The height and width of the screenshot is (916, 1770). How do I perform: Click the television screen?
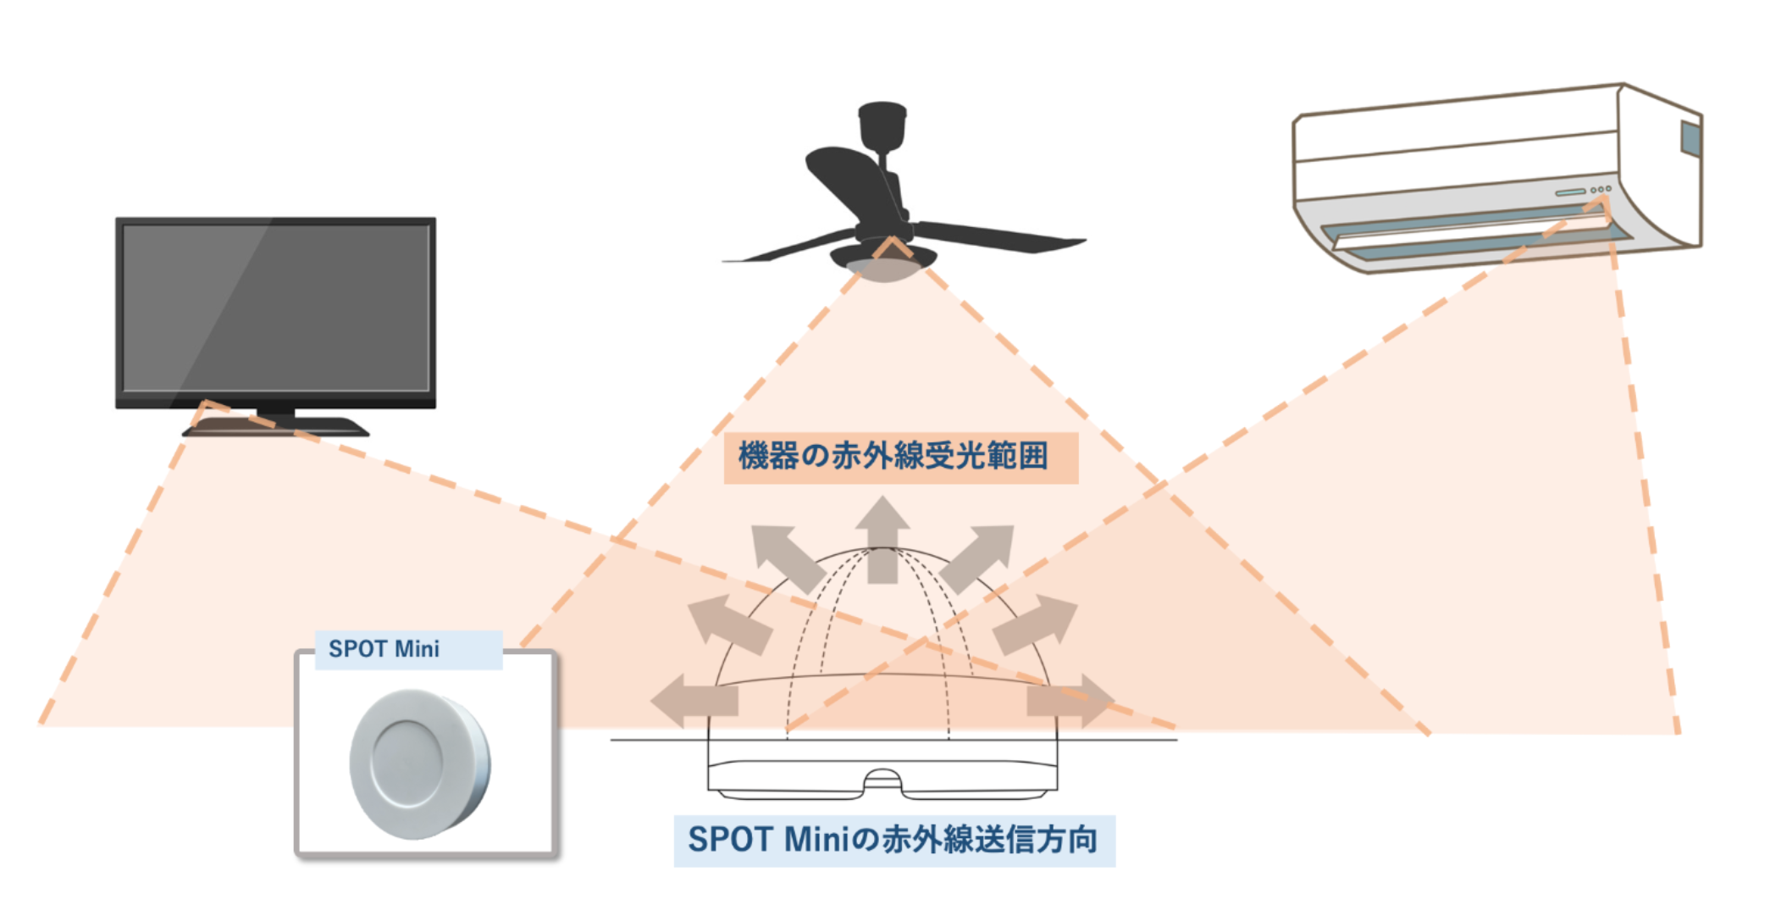pos(276,308)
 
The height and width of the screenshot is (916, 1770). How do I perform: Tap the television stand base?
pos(276,427)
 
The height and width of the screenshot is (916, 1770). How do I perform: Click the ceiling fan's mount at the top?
pos(882,126)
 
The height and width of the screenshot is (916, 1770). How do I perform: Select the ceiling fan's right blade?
pos(999,236)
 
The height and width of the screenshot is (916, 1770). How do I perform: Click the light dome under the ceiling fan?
pos(883,270)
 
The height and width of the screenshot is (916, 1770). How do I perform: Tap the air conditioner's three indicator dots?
pos(1601,189)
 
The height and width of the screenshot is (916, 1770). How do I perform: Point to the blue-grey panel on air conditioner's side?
pos(1690,139)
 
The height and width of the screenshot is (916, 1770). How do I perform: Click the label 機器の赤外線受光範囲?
pos(893,456)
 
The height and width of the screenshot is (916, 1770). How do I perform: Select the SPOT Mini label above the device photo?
pos(384,649)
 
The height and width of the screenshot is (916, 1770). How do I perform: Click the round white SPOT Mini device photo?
pos(420,763)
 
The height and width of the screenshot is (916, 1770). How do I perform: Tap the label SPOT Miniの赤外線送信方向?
pos(893,840)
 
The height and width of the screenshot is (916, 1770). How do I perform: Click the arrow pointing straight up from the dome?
pos(882,540)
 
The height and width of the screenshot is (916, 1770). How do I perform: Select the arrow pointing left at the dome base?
pos(694,701)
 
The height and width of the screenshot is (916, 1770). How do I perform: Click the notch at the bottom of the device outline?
pos(882,781)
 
